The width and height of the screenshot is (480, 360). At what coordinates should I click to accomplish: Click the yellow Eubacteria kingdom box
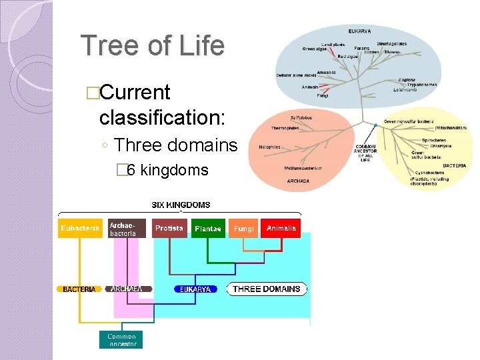pos(80,228)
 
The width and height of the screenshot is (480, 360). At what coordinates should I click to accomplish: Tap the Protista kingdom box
pos(169,228)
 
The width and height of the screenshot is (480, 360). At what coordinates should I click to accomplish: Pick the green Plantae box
pos(208,229)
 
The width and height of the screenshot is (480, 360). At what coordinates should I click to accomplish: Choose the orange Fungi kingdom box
pos(244,229)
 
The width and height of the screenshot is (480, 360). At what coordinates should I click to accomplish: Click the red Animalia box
pos(281,228)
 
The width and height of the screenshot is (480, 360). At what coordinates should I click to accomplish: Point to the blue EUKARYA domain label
pos(195,289)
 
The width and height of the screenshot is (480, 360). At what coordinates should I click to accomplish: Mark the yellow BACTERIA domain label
pos(79,289)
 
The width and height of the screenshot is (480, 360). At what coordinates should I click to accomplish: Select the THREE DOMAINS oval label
pos(266,289)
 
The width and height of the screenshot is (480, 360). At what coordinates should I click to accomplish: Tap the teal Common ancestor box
pos(121,340)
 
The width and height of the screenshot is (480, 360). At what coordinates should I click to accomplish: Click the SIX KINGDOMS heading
pos(181,205)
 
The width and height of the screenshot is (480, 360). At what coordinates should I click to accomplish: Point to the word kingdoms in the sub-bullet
pos(174,170)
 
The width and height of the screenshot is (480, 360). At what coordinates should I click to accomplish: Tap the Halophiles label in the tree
pos(270,147)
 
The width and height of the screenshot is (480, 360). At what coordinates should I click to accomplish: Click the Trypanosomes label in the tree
pos(423,85)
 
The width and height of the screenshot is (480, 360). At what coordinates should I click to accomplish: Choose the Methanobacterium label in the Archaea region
pos(303,168)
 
